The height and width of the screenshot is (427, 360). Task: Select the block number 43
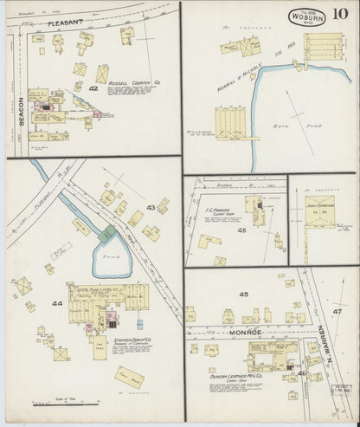tap(151, 208)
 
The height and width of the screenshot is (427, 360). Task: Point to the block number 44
tap(57, 303)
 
